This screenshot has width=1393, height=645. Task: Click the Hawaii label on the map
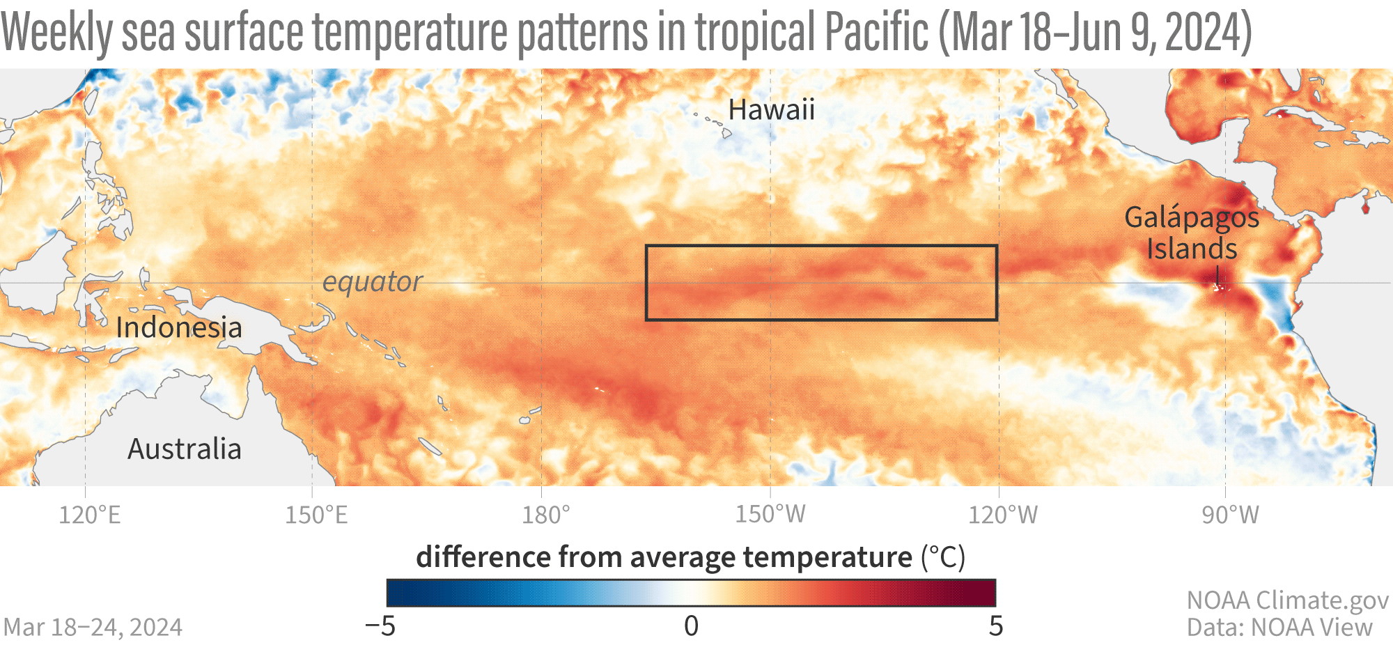coord(771,110)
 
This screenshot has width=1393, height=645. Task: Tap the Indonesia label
coord(179,327)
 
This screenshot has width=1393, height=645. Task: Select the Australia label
coord(185,449)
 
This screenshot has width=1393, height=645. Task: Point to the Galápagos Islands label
coord(1192,233)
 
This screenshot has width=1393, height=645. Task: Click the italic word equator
coord(372,282)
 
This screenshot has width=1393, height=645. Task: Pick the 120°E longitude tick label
coord(90,515)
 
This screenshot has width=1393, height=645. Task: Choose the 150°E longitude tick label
coord(316,515)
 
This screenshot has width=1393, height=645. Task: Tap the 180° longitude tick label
coord(546,515)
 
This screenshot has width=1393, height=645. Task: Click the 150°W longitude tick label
coord(770,515)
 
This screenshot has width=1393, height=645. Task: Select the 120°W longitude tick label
coord(1003,515)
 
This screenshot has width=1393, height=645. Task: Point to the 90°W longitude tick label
coord(1231,515)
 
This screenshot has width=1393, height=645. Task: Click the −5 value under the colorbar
coord(380,626)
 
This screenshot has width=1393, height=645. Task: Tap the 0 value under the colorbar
coord(691,626)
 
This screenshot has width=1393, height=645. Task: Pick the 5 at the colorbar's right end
coord(996,626)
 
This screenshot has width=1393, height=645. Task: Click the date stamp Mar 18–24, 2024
coord(93,628)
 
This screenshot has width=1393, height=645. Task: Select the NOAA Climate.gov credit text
coord(1287,600)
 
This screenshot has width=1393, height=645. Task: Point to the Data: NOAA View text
coord(1279,628)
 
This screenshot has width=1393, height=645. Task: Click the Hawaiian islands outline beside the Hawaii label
coord(717,125)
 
